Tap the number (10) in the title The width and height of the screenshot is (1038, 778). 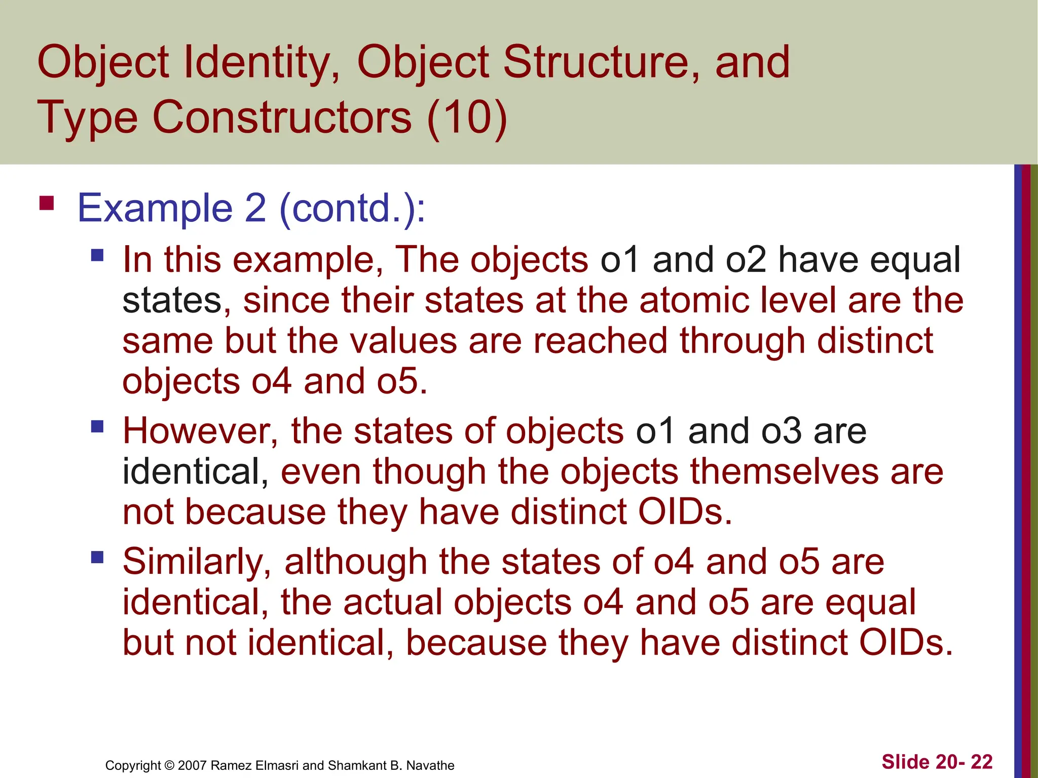pyautogui.click(x=467, y=118)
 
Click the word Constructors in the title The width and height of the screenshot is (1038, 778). pyautogui.click(x=282, y=118)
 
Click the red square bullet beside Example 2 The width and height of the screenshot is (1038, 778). pyautogui.click(x=47, y=203)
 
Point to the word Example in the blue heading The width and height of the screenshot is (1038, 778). pyautogui.click(x=155, y=208)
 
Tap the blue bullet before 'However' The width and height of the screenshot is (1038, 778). pyautogui.click(x=97, y=426)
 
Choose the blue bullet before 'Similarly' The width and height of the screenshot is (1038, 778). pyautogui.click(x=97, y=557)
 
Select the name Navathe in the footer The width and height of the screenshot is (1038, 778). pyautogui.click(x=430, y=765)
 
